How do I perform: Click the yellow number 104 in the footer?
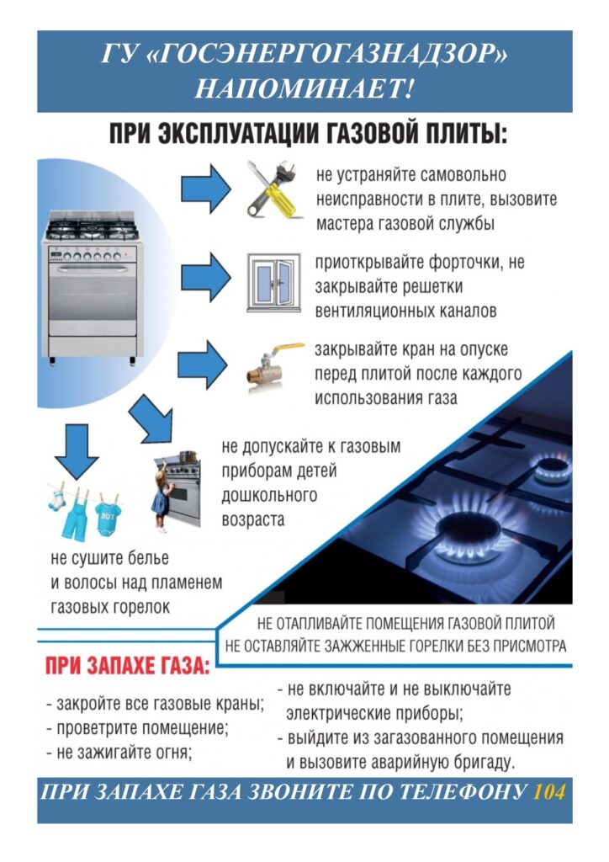tap(548, 792)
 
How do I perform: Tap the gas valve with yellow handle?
tap(272, 365)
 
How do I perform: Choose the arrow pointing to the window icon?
tap(204, 274)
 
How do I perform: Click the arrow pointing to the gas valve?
tap(204, 363)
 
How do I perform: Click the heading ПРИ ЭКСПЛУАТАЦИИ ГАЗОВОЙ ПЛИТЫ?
tap(307, 135)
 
